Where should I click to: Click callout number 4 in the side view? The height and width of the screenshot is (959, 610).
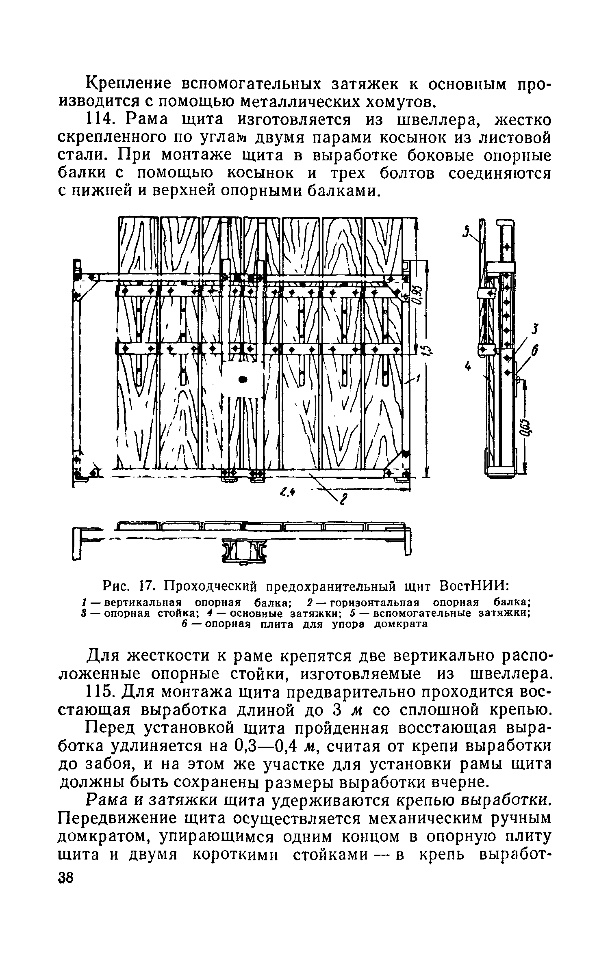click(x=467, y=366)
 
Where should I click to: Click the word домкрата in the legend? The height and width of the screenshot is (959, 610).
click(x=401, y=624)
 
